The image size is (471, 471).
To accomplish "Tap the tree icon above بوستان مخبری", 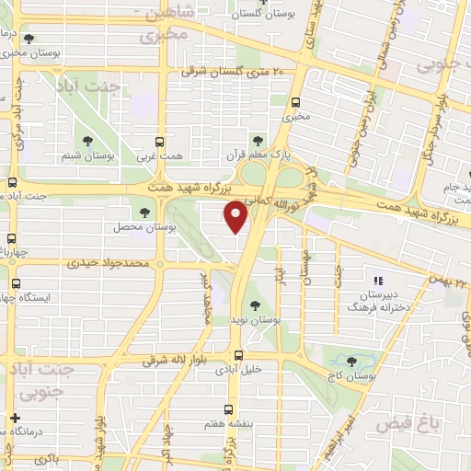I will click(x=29, y=40).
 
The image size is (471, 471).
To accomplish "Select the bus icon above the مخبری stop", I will click(x=295, y=103).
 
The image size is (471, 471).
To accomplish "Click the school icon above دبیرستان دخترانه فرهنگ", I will click(x=376, y=281).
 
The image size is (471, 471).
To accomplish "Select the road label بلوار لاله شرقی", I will click(x=180, y=362).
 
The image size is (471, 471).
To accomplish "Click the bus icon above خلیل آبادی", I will click(x=239, y=355).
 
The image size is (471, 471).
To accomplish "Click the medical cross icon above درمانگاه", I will click(x=14, y=418).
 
